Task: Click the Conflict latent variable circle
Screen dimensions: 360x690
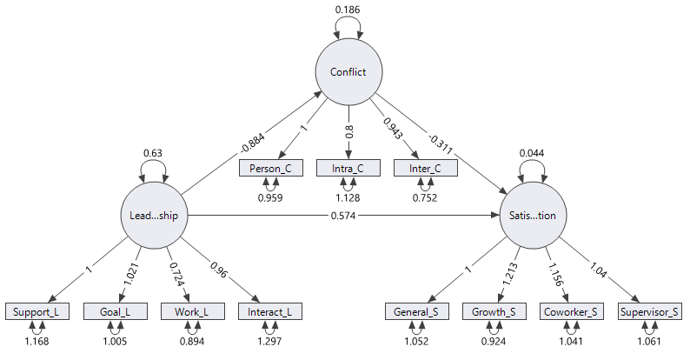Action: pyautogui.click(x=348, y=72)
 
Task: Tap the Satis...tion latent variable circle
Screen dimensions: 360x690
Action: pyautogui.click(x=534, y=215)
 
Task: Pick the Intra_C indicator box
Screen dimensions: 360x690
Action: pyautogui.click(x=348, y=168)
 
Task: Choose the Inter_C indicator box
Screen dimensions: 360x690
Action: pyautogui.click(x=425, y=168)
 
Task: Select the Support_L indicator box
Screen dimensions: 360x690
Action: pyautogui.click(x=36, y=311)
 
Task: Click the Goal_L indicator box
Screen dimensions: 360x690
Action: pyautogui.click(x=114, y=311)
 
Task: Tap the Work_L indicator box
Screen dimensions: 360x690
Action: pyautogui.click(x=190, y=311)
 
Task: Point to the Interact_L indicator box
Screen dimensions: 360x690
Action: pyautogui.click(x=268, y=311)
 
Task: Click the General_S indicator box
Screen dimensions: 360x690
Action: pyautogui.click(x=417, y=311)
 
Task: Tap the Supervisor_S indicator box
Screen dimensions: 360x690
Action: pyautogui.click(x=649, y=311)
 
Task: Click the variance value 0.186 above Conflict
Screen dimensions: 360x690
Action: pyautogui.click(x=348, y=10)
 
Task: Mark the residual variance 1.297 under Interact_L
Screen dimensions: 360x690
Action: pyautogui.click(x=268, y=341)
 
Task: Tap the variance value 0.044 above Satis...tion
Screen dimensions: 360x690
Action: pyautogui.click(x=534, y=153)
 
